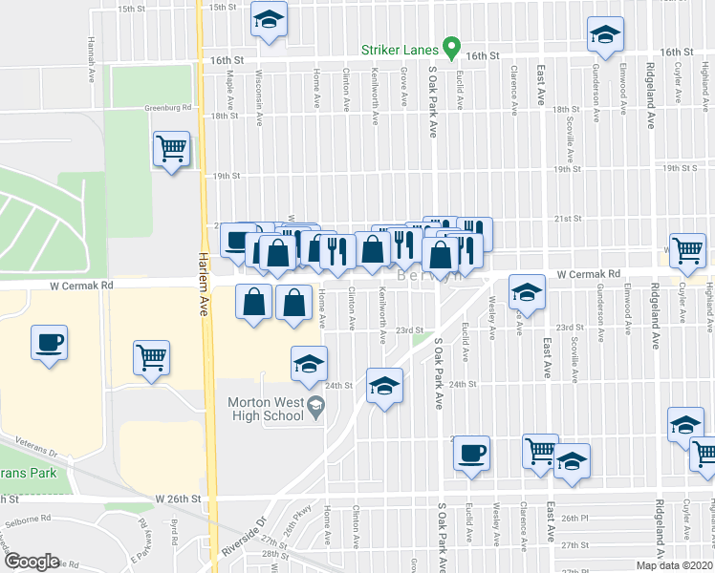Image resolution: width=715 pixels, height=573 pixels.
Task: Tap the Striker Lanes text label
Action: coord(401,50)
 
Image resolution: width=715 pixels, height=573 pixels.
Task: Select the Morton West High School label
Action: coord(265,409)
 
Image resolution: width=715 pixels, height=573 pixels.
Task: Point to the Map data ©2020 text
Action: coord(674,565)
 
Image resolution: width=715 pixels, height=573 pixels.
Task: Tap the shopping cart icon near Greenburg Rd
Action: coord(171,148)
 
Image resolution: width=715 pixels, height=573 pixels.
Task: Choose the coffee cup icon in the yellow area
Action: coord(49,341)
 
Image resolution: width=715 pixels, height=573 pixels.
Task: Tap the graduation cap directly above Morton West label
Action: coord(309,364)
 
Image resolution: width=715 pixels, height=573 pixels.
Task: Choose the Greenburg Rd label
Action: coord(168,108)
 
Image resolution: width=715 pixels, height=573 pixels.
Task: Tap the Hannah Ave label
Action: coord(92,58)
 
